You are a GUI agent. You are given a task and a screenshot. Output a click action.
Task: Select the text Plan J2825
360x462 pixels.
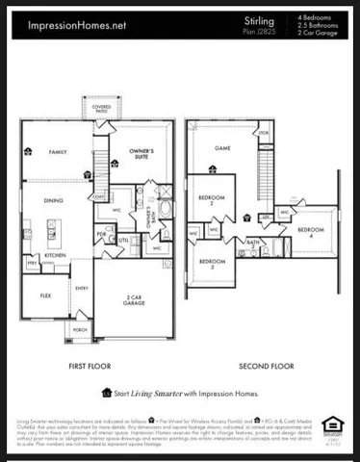coord(257,31)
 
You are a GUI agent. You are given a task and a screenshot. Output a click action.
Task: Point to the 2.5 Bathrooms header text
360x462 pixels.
coord(321,25)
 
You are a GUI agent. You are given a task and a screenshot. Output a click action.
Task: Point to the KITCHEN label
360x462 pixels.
coord(55,256)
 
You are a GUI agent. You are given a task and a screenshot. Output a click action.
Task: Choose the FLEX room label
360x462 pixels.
coord(45,295)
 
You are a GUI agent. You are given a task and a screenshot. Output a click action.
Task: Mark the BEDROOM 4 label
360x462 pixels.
coord(310,232)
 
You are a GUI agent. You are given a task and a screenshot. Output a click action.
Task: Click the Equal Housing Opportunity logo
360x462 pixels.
coord(332,425)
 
